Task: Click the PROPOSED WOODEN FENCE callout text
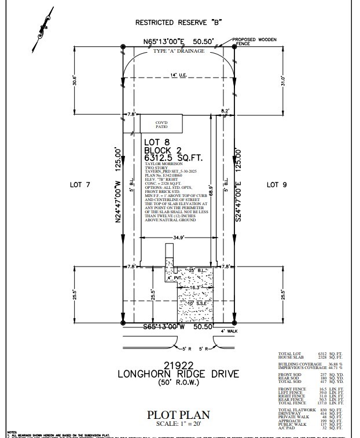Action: pos(256,42)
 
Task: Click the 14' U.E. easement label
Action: pos(178,75)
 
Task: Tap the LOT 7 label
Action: pos(80,185)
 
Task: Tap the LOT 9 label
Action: pos(277,185)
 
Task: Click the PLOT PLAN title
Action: pos(178,414)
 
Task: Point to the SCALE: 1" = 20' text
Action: pos(178,426)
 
